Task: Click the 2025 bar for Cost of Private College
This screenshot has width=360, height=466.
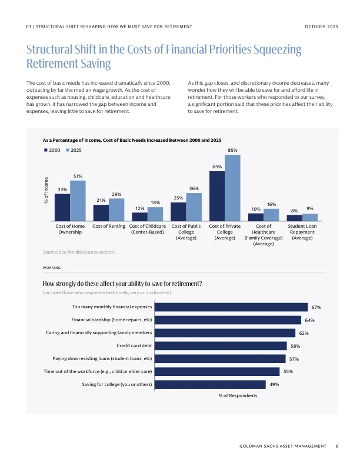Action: pyautogui.click(x=232, y=188)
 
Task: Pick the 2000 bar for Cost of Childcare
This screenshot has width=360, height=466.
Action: pyautogui.click(x=139, y=217)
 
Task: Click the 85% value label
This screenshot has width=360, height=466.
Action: pyautogui.click(x=232, y=151)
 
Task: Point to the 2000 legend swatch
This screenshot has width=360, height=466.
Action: pyautogui.click(x=45, y=151)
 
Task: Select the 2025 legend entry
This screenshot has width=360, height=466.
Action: pyautogui.click(x=74, y=151)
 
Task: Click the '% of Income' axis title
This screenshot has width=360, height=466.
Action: pyautogui.click(x=46, y=191)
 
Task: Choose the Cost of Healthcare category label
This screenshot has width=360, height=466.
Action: pyautogui.click(x=264, y=235)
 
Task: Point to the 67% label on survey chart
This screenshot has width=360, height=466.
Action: pyautogui.click(x=316, y=307)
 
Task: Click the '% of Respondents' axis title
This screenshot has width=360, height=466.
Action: pyautogui.click(x=238, y=396)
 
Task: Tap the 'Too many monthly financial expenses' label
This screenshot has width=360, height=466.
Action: pyautogui.click(x=112, y=307)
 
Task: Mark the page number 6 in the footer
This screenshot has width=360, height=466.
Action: pyautogui.click(x=336, y=447)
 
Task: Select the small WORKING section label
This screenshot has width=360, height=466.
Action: pyautogui.click(x=52, y=268)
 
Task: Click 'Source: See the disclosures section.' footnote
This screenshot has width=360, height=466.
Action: pyautogui.click(x=71, y=252)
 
